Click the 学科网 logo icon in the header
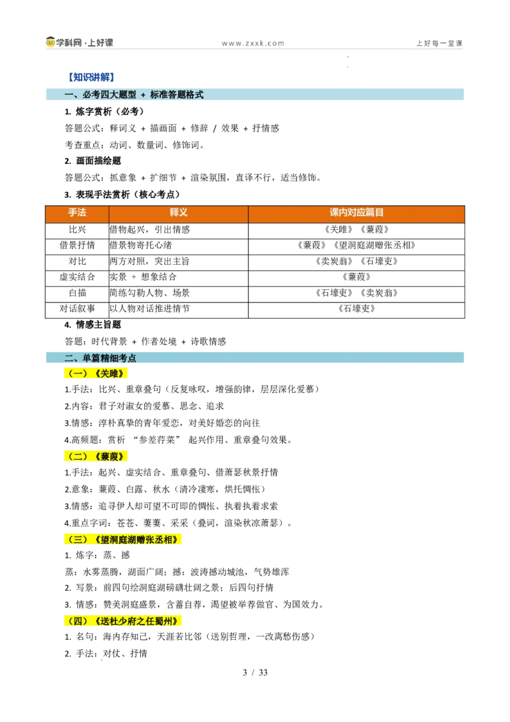point(50,42)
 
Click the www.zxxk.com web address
point(252,43)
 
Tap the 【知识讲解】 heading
point(91,77)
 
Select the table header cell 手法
point(77,212)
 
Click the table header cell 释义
point(178,212)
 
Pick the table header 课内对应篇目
point(356,212)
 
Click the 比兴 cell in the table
point(77,230)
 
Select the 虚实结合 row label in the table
point(77,277)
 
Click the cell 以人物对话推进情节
point(150,309)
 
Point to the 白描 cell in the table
point(77,293)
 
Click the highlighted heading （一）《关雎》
point(96,373)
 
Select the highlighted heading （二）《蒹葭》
point(96,456)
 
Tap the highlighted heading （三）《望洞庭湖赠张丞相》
point(123,539)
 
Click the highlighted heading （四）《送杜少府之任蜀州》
point(123,621)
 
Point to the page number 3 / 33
point(255,672)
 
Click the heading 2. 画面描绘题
point(92,161)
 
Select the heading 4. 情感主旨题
point(92,325)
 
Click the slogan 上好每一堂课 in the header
point(439,43)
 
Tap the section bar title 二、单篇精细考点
point(100,358)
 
